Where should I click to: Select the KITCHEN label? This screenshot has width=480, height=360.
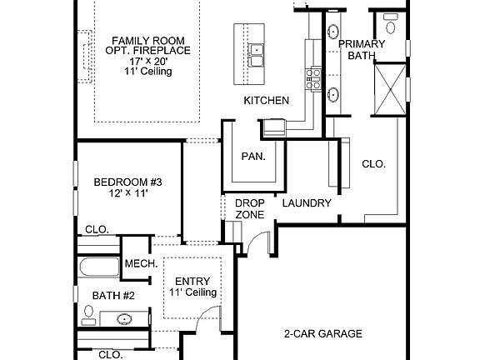tap(266, 101)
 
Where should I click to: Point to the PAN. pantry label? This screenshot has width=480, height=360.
tap(253, 156)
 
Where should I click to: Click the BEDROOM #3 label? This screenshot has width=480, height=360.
tap(127, 182)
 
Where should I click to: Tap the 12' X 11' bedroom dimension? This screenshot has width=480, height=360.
tap(127, 194)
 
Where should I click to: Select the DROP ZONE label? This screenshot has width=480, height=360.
tap(249, 209)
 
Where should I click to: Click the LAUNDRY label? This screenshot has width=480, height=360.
tap(307, 203)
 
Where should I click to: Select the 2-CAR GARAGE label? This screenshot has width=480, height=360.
tap(322, 333)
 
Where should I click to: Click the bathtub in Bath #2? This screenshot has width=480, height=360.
tap(99, 268)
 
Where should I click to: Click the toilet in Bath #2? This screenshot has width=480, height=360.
tap(87, 314)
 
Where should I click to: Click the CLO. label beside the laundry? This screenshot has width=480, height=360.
tap(373, 164)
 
